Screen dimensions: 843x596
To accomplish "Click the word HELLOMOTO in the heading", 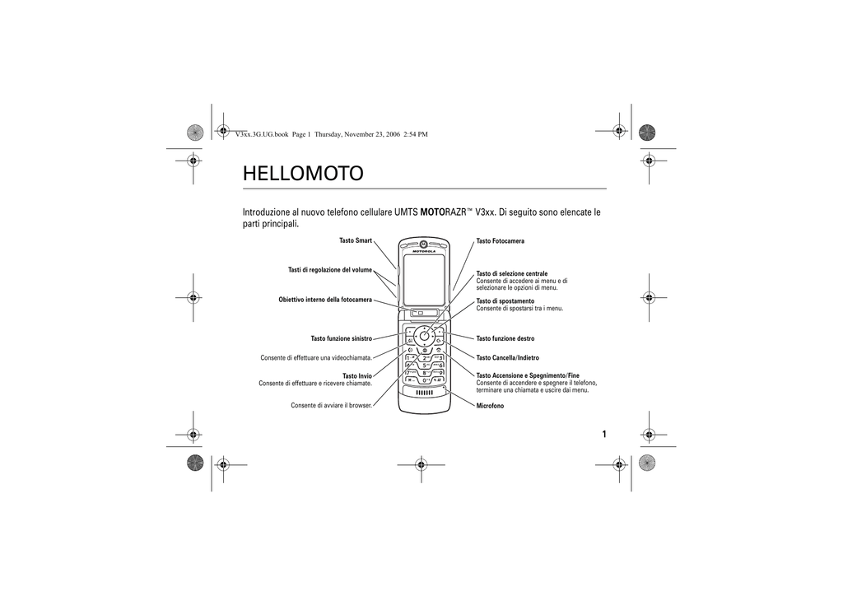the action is click(x=303, y=174).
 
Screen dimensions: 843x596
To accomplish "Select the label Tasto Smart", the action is click(x=356, y=240).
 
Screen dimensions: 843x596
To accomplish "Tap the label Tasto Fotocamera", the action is click(x=500, y=241).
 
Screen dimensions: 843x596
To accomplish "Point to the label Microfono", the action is click(x=491, y=407).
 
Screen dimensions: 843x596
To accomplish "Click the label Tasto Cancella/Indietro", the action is click(x=507, y=358).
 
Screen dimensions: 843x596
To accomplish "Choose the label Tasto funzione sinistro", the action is click(x=342, y=338).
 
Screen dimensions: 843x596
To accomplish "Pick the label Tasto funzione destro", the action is click(x=505, y=338).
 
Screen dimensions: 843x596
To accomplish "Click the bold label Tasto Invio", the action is click(x=357, y=376).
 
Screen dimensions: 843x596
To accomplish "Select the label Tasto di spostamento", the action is click(x=505, y=301).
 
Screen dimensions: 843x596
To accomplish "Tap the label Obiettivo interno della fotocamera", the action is click(x=325, y=300).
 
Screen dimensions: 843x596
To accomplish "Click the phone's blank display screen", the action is click(x=424, y=279).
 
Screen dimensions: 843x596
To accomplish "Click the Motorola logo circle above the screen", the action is click(x=424, y=244).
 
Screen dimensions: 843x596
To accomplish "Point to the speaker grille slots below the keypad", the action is click(x=424, y=393).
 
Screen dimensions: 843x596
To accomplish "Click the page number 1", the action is click(x=604, y=434).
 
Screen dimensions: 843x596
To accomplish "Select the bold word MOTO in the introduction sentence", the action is click(x=431, y=212).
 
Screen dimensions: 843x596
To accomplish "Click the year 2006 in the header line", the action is click(x=393, y=134).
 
